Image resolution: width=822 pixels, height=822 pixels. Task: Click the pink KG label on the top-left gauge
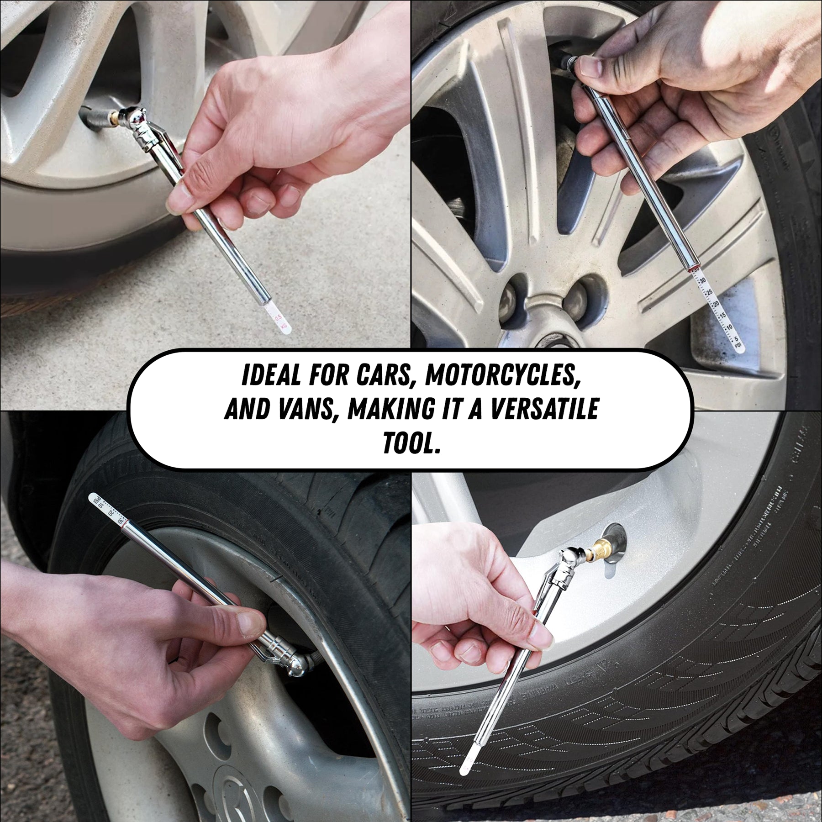tap(285, 326)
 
